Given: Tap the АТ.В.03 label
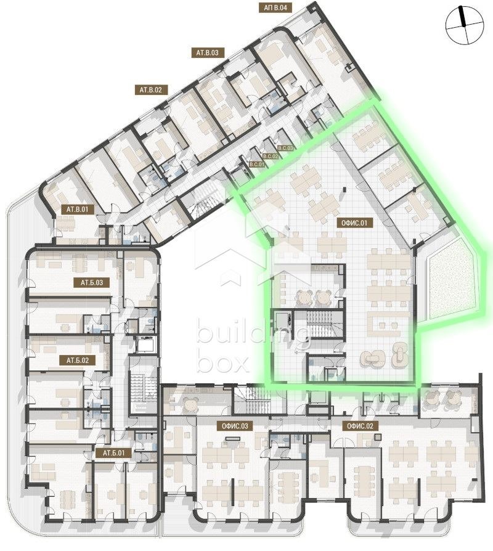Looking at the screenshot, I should click(x=208, y=53).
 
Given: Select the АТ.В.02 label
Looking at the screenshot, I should click(x=150, y=90).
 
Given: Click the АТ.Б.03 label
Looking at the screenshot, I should click(x=91, y=283).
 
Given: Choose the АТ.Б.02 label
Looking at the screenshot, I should click(x=77, y=359).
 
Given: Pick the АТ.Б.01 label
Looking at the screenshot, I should click(x=113, y=453).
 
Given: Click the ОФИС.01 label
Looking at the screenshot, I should click(x=353, y=223).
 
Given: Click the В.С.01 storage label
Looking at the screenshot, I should click(x=256, y=165).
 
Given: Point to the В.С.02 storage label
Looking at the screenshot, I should click(x=272, y=157).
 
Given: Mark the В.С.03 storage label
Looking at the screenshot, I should click(x=287, y=149).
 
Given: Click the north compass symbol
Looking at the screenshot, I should click(x=463, y=25).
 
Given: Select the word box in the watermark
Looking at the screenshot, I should click(x=222, y=363).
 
